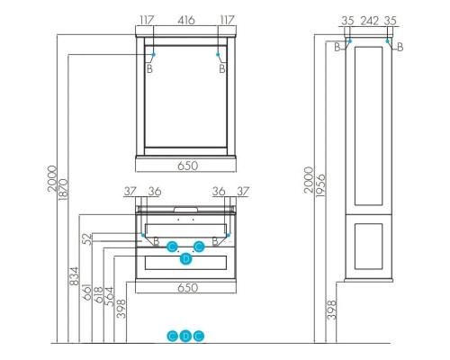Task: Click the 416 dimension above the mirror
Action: click(x=187, y=19)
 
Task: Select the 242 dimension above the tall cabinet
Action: click(x=368, y=19)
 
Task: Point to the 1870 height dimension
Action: click(x=65, y=184)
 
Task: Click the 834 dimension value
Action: click(x=75, y=276)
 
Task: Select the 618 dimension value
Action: click(x=98, y=287)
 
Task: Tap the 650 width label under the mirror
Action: click(x=187, y=166)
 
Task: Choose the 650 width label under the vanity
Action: click(x=187, y=288)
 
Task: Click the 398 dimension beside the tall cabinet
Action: click(x=332, y=311)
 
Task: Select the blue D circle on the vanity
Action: click(x=186, y=259)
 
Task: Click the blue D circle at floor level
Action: click(x=186, y=336)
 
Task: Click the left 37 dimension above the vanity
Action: click(x=130, y=190)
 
